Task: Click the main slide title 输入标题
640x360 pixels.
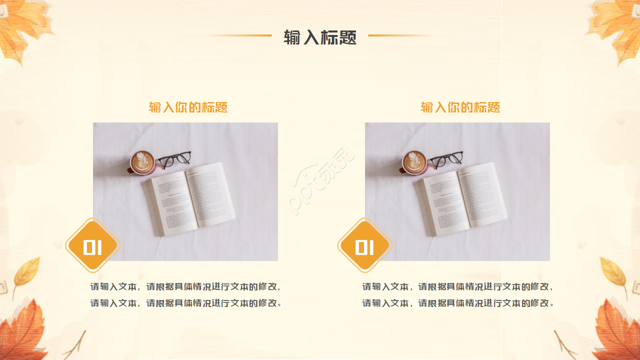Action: coord(320,37)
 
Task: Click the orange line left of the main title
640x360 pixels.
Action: coord(240,35)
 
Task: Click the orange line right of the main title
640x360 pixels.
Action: coord(400,35)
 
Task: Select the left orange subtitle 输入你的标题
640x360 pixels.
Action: coord(188,107)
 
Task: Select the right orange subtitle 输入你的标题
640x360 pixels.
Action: coord(460,107)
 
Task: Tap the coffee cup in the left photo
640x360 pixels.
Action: coord(142,162)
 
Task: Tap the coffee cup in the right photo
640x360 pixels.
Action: coord(414,162)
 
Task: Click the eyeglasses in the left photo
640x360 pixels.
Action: coord(175,159)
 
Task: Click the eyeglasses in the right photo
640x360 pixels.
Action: coord(447,159)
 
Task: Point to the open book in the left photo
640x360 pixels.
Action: coord(191,198)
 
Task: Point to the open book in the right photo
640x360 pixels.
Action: coord(463,198)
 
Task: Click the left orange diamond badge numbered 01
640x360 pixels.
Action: coord(92,245)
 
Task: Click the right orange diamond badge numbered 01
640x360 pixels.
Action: coord(364,245)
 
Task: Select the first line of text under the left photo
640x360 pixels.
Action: coord(185,287)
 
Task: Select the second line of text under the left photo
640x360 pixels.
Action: coord(185,303)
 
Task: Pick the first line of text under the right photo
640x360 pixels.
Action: coord(457,287)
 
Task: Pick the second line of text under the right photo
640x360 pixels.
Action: coord(457,303)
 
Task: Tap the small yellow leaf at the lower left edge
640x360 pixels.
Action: coord(27,272)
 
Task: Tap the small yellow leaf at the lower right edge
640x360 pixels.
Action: coord(613,272)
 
